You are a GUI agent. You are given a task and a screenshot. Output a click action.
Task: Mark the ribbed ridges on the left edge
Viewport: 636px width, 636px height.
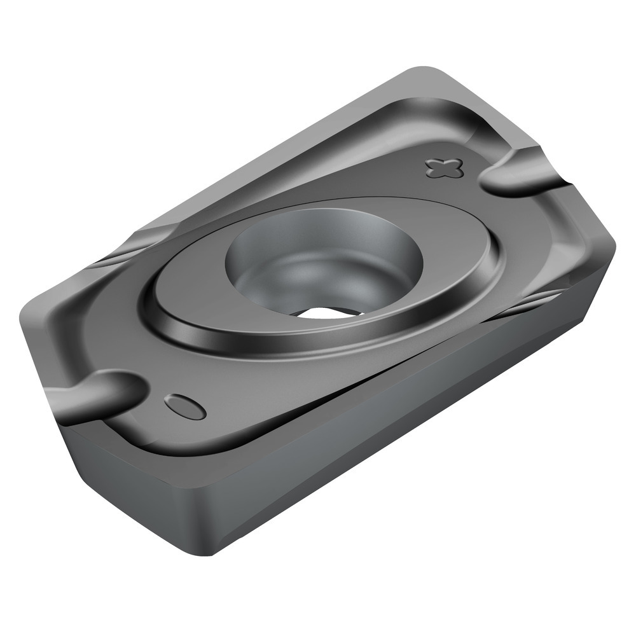coord(114,254)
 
